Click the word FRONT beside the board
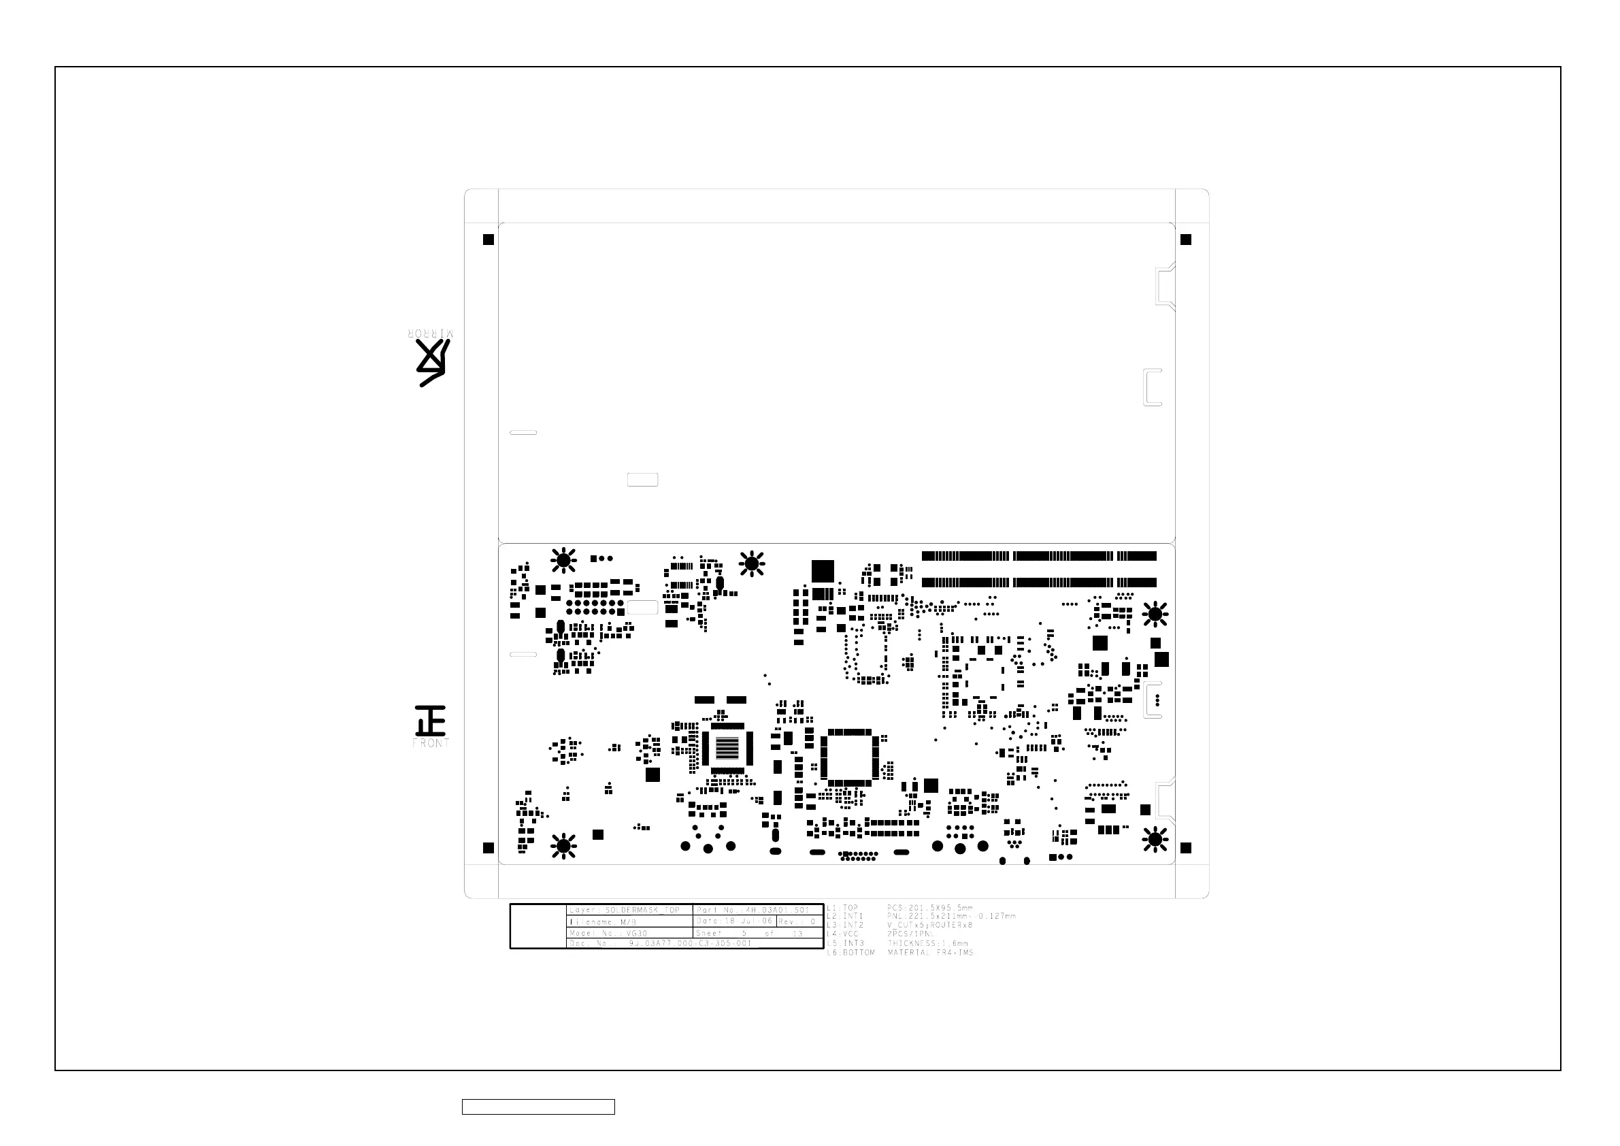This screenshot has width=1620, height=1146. tap(431, 743)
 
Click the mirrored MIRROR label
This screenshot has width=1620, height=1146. tap(431, 333)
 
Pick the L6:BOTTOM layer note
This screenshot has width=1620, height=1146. tap(850, 953)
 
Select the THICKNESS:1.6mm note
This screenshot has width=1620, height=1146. tap(928, 943)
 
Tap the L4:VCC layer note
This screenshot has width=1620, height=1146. tap(842, 934)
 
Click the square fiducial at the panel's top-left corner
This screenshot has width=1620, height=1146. tap(489, 240)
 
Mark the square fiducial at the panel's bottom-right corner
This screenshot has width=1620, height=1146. tap(1185, 847)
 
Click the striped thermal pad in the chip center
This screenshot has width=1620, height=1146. tap(727, 747)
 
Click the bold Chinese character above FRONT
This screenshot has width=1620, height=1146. tap(431, 721)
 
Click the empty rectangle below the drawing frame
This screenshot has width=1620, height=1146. tap(538, 1107)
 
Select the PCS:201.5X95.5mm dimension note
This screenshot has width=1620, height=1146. tap(929, 908)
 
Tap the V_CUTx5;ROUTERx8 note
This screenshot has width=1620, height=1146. tap(929, 925)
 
